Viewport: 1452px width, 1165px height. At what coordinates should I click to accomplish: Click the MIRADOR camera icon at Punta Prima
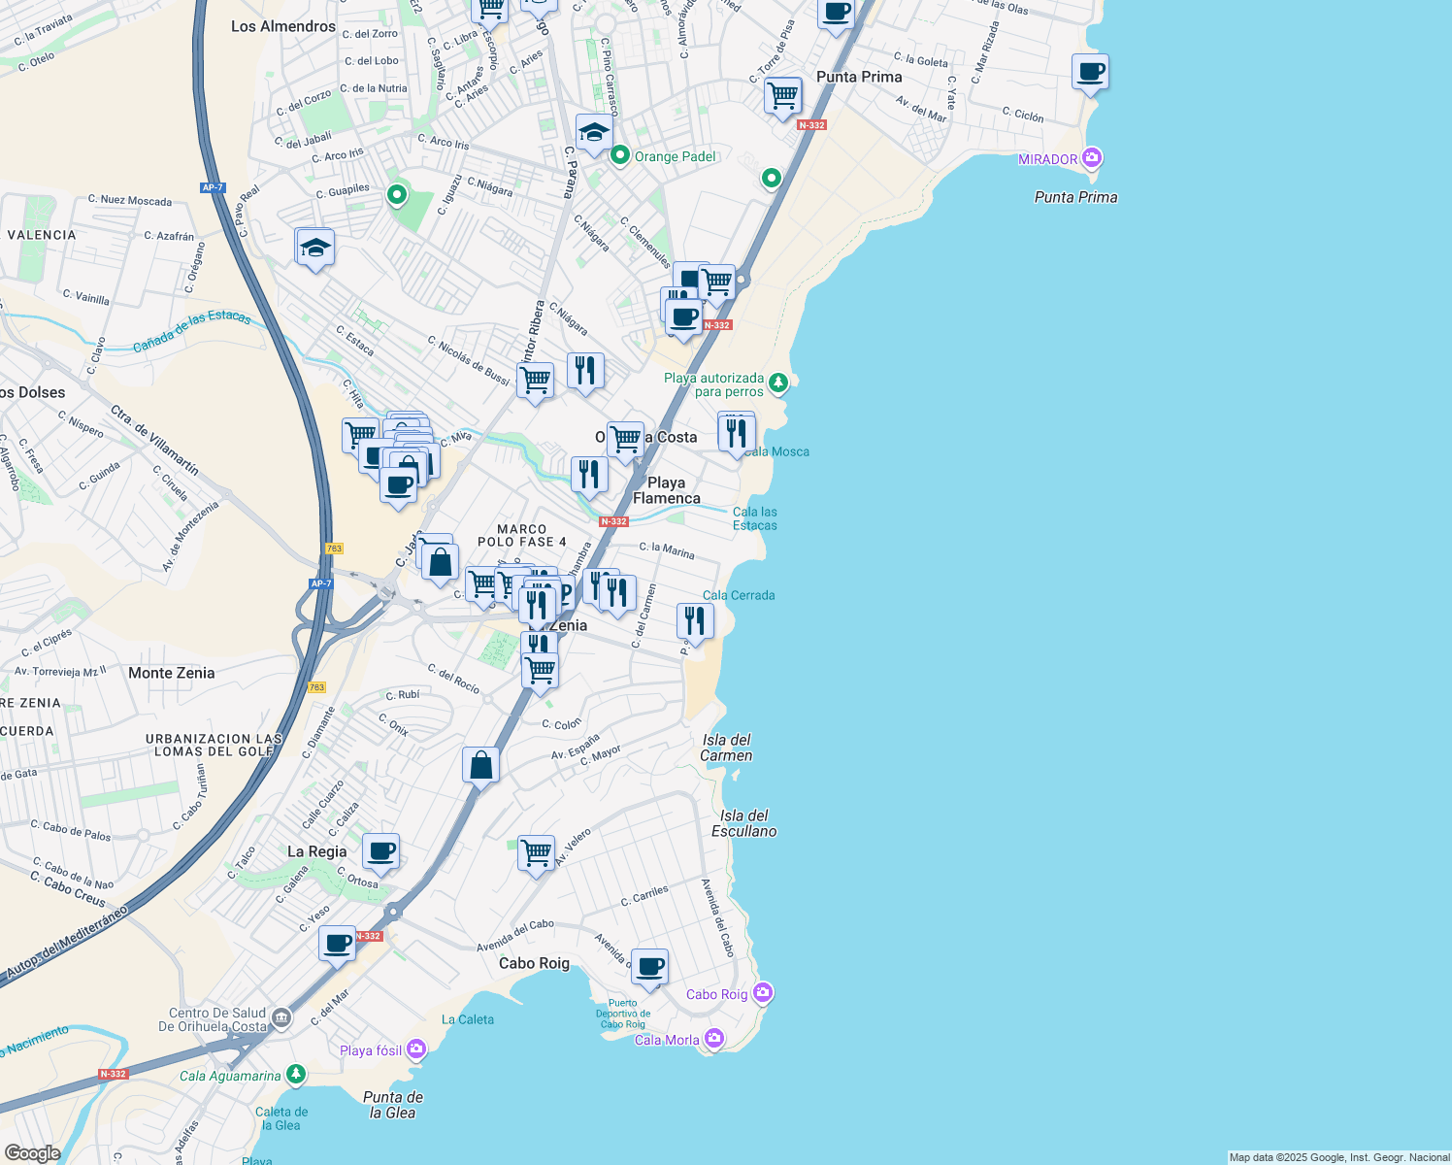click(1092, 158)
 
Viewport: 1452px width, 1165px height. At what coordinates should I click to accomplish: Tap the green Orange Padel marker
click(619, 156)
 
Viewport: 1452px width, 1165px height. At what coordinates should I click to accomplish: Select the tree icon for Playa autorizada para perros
click(778, 384)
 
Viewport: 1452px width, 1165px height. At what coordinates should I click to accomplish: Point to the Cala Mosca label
click(778, 451)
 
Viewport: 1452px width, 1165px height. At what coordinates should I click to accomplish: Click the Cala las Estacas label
click(754, 518)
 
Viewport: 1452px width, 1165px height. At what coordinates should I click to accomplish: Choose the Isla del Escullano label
click(743, 823)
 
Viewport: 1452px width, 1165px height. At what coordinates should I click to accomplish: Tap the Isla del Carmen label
click(726, 748)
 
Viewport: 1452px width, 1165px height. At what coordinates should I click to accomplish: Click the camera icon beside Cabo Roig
click(763, 993)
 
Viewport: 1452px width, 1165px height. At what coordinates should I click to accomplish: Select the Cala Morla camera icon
click(714, 1039)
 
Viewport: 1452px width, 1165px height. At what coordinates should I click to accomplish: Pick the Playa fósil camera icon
click(416, 1049)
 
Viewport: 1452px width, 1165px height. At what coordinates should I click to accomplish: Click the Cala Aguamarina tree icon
click(296, 1075)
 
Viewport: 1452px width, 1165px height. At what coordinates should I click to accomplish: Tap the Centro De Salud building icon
click(281, 1018)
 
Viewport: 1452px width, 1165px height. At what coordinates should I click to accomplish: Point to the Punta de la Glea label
click(392, 1105)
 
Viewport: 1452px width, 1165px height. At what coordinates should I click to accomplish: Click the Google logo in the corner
click(33, 1152)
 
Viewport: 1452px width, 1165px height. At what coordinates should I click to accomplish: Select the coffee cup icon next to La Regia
click(381, 851)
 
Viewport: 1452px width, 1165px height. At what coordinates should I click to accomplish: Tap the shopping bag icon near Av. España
click(480, 765)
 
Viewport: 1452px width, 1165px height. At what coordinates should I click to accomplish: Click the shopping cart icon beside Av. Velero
click(537, 853)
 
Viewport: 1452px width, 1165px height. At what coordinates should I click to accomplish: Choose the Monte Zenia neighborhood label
click(171, 673)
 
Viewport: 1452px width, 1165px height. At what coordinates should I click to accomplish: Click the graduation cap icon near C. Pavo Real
click(314, 249)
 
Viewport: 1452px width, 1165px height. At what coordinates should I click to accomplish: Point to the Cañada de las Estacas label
click(191, 331)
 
